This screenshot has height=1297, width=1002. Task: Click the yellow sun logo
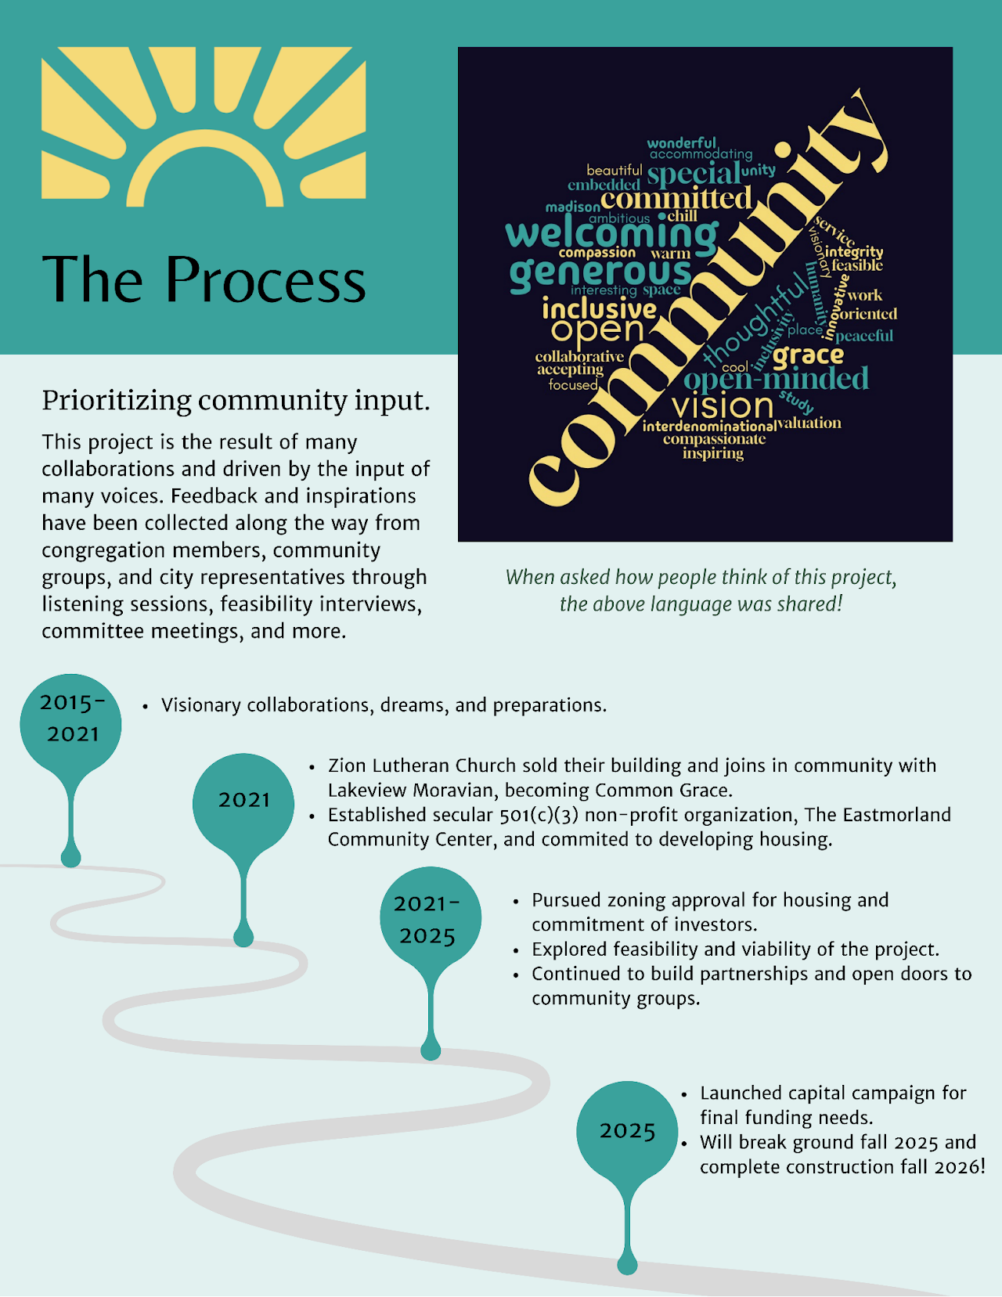204,127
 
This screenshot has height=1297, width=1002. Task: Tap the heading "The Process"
204,279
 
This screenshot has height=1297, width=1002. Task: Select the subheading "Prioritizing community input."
236,400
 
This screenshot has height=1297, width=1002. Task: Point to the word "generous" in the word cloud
600,274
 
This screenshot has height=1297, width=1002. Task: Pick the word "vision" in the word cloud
723,406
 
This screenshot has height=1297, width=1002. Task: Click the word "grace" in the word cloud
808,355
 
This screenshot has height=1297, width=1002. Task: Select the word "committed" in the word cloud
676,198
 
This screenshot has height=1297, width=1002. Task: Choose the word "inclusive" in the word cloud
599,309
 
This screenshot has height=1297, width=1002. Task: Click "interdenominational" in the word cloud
709,426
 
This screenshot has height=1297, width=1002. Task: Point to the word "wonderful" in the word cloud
681,142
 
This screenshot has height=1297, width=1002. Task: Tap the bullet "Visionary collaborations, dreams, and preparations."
384,705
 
